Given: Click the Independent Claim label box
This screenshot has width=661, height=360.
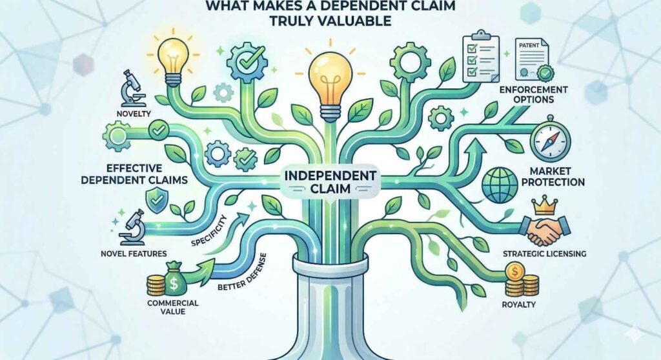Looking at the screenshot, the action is [x=330, y=181].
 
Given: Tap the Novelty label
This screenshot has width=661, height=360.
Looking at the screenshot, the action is [x=134, y=114].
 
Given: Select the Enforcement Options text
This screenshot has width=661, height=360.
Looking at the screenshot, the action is [x=533, y=95].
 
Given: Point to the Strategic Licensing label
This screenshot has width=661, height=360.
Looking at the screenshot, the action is [x=544, y=254].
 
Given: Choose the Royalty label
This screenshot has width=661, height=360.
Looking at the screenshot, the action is [x=518, y=305].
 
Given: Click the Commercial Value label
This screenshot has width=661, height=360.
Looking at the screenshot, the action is [x=173, y=307].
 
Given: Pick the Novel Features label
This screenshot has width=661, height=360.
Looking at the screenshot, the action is [x=134, y=254].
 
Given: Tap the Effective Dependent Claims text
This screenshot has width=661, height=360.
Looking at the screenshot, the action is [x=134, y=174].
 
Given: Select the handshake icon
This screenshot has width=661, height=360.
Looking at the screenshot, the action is [x=546, y=230].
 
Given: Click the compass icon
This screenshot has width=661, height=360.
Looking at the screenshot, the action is [x=550, y=141].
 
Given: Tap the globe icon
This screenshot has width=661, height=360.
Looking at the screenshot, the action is [x=500, y=185].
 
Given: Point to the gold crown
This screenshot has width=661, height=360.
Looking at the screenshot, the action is [x=545, y=205].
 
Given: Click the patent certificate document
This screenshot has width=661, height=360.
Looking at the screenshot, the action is [x=533, y=59].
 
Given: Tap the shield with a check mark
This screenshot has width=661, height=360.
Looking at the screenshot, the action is [x=156, y=201].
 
